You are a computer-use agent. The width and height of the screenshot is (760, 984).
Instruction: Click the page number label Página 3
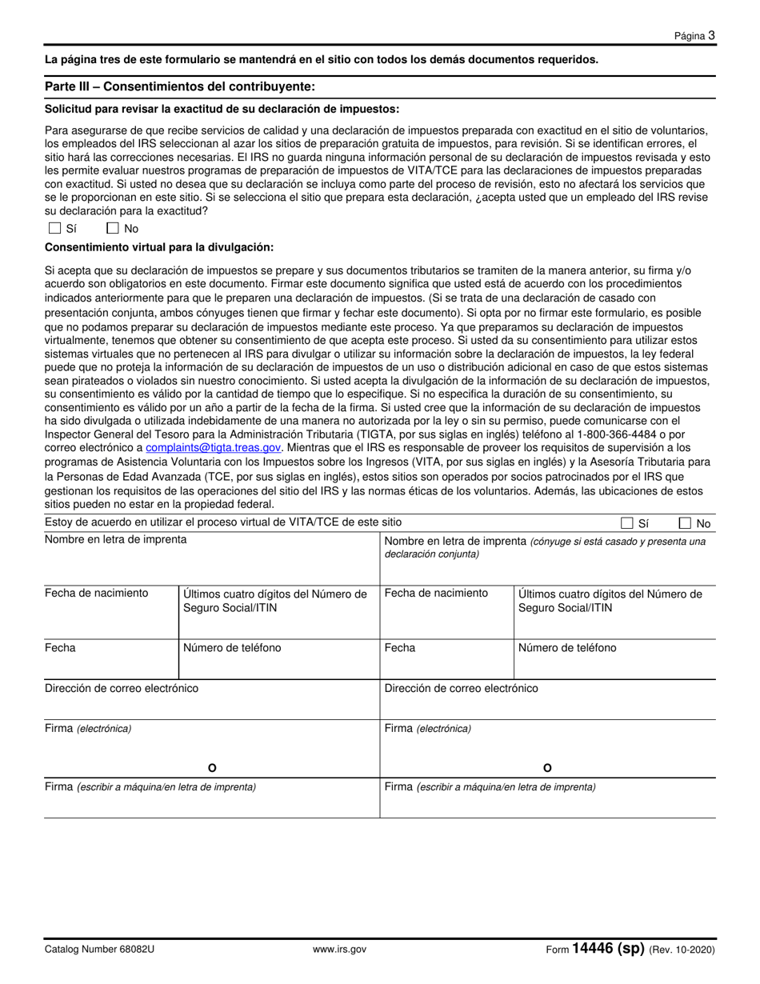[x=694, y=35]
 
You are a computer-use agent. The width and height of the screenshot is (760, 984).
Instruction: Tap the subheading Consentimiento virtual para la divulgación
[x=159, y=247]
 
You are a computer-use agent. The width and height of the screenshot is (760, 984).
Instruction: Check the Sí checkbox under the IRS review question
[x=54, y=228]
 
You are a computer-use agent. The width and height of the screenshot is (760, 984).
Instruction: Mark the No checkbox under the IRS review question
[x=113, y=228]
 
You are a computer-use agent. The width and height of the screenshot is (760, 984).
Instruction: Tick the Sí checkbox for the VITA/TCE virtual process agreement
[x=626, y=523]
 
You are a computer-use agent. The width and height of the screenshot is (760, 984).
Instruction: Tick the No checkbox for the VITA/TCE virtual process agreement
[x=685, y=523]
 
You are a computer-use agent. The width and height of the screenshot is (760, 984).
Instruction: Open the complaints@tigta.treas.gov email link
[x=213, y=447]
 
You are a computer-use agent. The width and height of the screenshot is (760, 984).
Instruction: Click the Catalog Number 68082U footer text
[x=99, y=950]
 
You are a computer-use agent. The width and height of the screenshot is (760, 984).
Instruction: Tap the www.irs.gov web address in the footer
[x=340, y=950]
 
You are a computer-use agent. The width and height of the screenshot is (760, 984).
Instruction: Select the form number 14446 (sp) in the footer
[x=607, y=949]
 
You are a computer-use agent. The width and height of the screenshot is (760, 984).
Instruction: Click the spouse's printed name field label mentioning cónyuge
[x=545, y=547]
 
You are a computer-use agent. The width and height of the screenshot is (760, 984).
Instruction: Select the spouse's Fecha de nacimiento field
[x=446, y=612]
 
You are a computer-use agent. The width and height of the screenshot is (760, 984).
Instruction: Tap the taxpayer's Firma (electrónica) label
[x=88, y=728]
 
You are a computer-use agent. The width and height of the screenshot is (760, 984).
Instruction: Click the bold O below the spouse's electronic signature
[x=547, y=768]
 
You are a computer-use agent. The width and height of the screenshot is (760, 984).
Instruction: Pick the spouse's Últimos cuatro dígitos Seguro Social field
[x=614, y=612]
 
